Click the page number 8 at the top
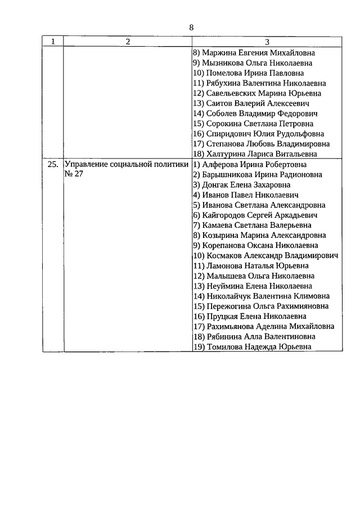tap(191, 28)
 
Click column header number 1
tap(53, 42)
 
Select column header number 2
tap(128, 42)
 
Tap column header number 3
tap(267, 42)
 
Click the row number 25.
tap(53, 165)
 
